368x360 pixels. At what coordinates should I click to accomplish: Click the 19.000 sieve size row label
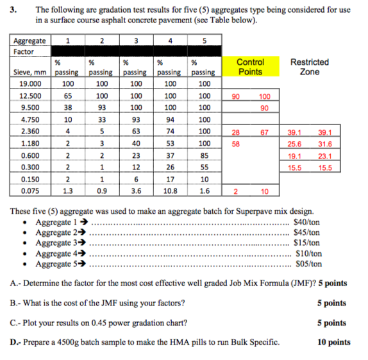28,83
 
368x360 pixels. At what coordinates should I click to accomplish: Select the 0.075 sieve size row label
28,190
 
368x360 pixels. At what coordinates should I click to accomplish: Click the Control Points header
250,67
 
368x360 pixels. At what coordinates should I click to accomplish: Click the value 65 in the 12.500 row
67,96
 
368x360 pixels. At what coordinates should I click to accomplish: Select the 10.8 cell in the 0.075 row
170,190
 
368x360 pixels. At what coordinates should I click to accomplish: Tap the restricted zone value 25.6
294,143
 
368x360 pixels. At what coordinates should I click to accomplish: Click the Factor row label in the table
24,51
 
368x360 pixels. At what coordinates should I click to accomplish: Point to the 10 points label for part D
333,341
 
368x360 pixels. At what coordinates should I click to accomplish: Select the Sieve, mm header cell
28,72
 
